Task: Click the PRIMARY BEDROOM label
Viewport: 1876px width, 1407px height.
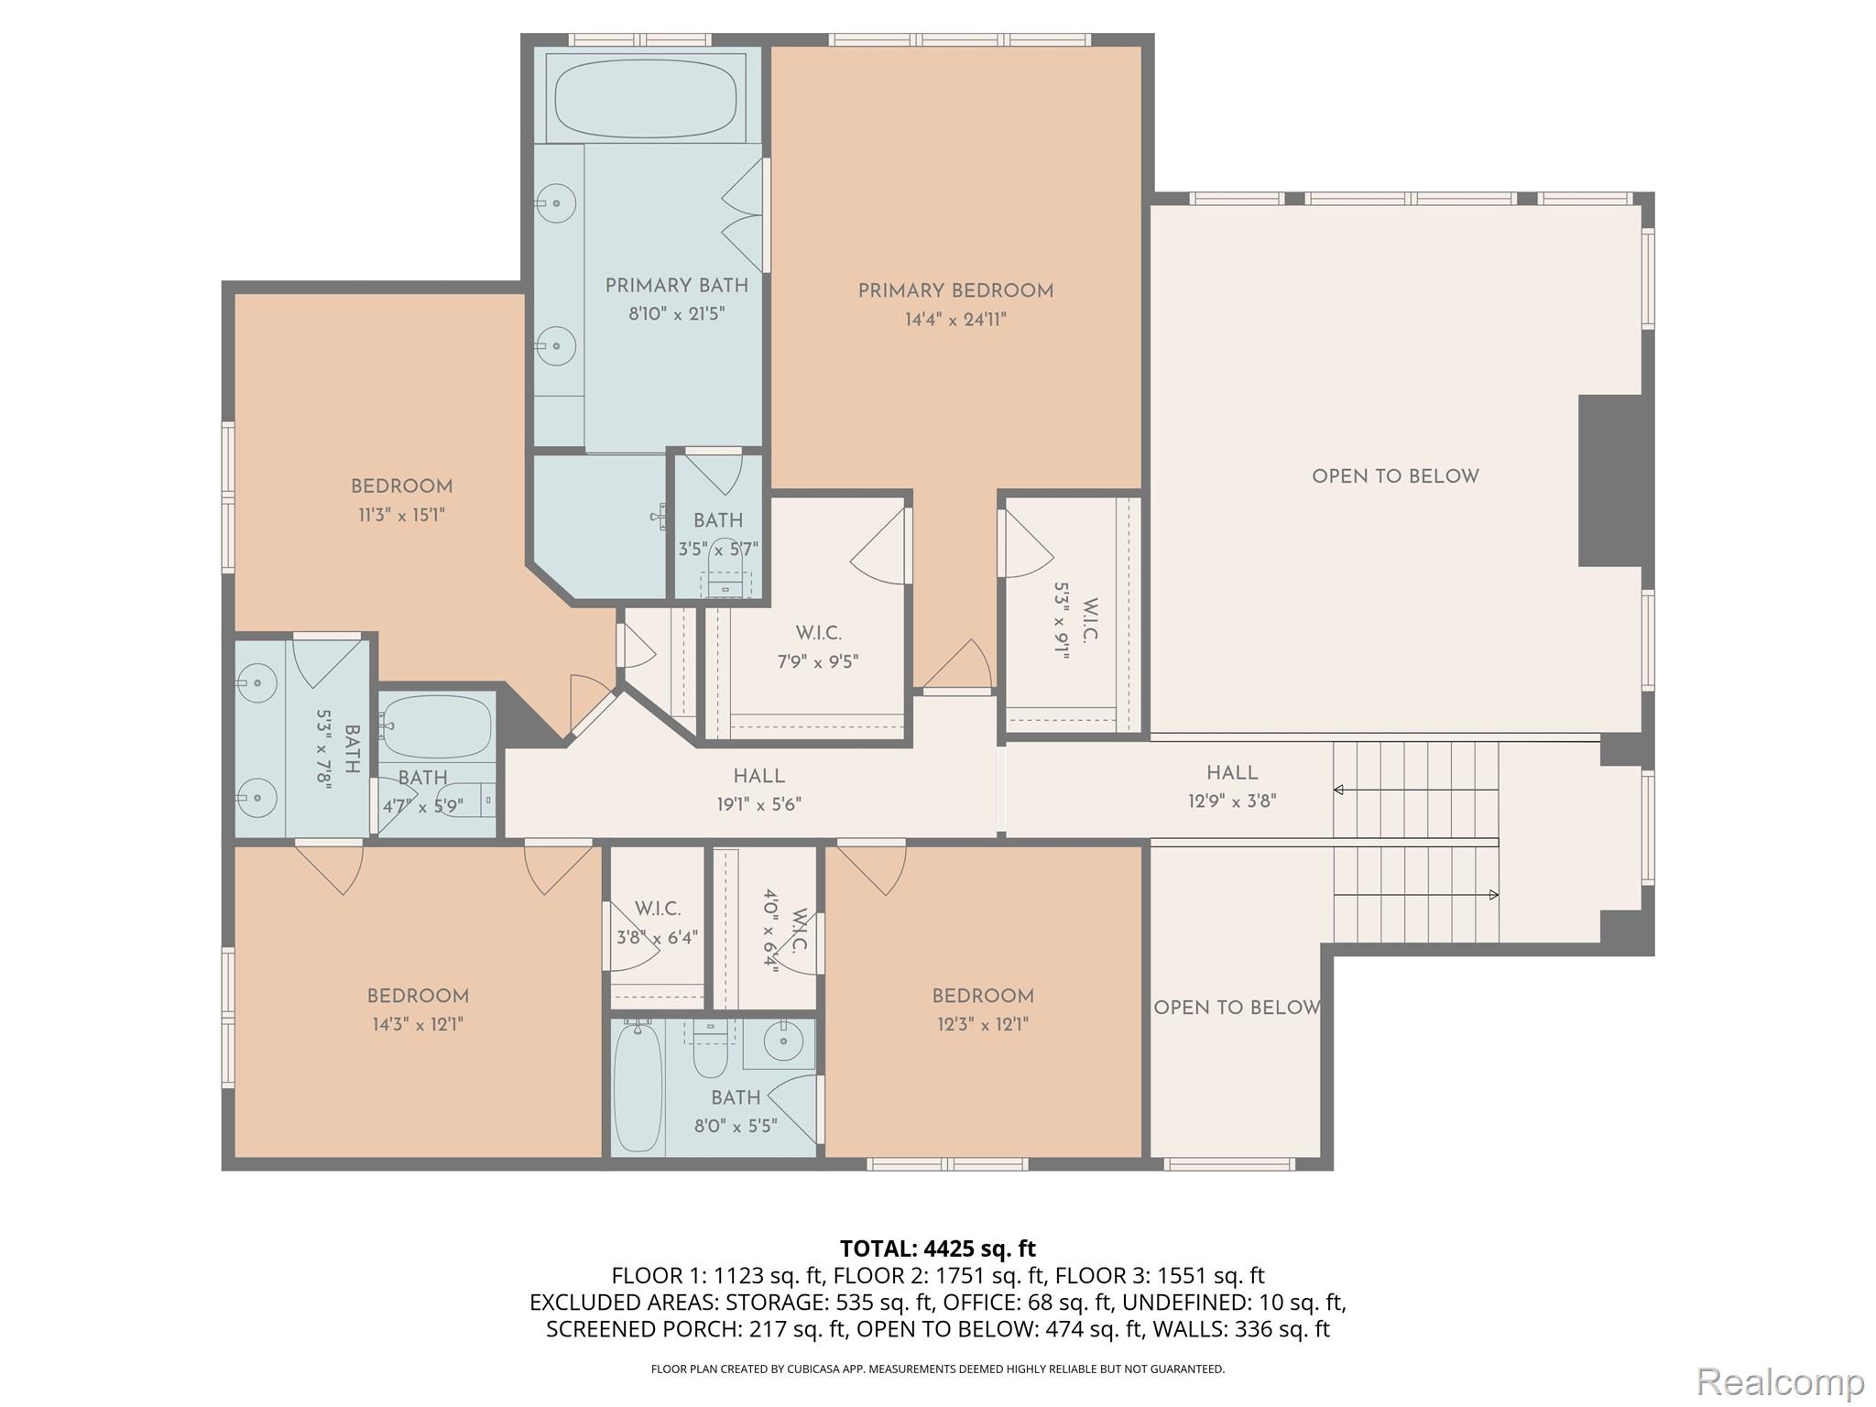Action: coord(954,291)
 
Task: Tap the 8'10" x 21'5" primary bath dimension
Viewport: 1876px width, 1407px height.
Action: coord(676,314)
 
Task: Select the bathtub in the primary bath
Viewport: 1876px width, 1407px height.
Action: coord(646,97)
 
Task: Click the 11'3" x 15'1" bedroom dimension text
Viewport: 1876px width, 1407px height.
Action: coord(401,515)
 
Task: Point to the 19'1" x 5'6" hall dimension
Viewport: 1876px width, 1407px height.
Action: coord(758,804)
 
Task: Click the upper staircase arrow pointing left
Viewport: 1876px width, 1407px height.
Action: coord(1339,790)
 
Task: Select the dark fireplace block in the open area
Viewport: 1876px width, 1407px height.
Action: coord(1609,481)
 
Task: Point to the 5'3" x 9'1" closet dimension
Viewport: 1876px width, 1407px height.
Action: coord(1062,620)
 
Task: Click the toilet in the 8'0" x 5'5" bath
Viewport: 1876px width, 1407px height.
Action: coord(709,1055)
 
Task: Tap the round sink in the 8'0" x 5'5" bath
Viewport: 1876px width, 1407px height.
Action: coord(784,1041)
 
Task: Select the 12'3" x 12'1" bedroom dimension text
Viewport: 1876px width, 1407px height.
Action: coord(983,1024)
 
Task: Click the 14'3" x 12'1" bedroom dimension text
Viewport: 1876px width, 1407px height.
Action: coord(418,1024)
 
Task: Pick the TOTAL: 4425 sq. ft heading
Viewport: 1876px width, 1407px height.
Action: coord(937,1249)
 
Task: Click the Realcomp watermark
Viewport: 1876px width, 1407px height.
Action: coord(1780,1381)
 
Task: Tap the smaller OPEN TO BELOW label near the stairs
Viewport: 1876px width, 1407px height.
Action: coord(1237,1008)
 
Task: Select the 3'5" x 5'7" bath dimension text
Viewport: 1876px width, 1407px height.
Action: coord(718,550)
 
